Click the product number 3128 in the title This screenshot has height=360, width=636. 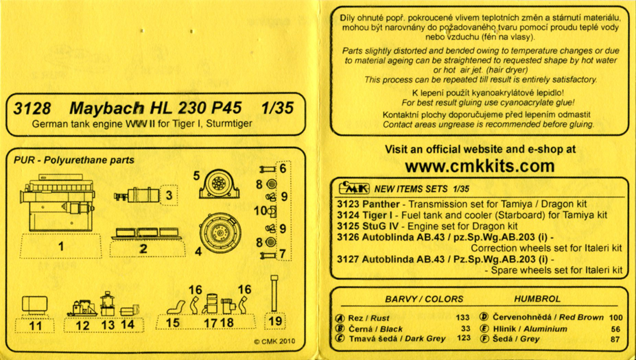pos(32,108)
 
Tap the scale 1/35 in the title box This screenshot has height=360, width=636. pos(277,108)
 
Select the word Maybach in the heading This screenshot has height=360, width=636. pos(107,108)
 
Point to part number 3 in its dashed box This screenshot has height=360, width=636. pos(169,195)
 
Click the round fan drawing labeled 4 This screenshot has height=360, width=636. pos(220,232)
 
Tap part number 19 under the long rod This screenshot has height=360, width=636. pos(275,322)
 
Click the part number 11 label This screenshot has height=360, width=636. pos(35,326)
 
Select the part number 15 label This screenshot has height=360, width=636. pos(173,323)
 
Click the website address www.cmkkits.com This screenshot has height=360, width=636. pos(480,166)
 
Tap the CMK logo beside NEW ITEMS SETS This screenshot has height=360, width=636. pos(354,188)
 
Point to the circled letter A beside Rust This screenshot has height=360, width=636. pos(340,318)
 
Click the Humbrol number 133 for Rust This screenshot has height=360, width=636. pos(462,318)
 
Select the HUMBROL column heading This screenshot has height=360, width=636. pos(537,299)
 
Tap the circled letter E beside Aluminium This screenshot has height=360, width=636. pos(484,328)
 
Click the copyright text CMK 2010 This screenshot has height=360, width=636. pos(274,341)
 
